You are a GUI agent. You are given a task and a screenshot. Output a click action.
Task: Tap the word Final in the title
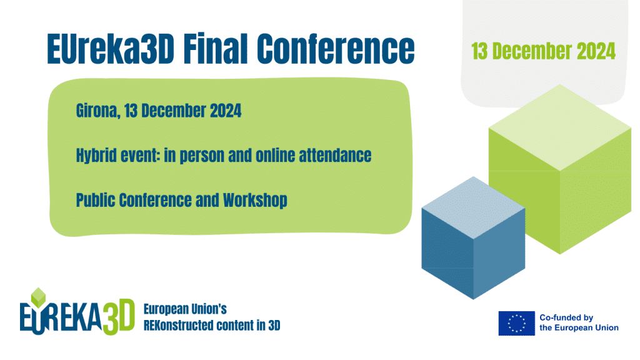(x=216, y=48)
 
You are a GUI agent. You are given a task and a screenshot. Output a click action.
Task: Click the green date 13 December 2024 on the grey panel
(x=543, y=51)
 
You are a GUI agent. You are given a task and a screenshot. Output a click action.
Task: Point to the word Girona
(x=98, y=111)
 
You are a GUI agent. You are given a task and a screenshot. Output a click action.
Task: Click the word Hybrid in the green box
(x=96, y=156)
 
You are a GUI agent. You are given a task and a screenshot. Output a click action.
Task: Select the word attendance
(x=335, y=156)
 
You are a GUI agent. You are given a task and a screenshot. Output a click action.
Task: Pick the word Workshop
(x=255, y=201)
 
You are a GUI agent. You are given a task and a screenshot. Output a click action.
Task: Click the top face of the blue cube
(x=474, y=207)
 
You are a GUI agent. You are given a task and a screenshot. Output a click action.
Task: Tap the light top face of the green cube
(x=560, y=127)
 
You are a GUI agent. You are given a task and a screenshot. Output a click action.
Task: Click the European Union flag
(x=516, y=323)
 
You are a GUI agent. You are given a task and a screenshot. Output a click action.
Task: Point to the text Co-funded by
(x=566, y=317)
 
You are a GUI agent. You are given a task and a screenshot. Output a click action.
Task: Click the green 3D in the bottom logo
(x=118, y=317)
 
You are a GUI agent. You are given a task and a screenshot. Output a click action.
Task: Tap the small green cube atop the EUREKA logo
(x=38, y=297)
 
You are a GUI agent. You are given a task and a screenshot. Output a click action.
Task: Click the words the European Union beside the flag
(x=579, y=327)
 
